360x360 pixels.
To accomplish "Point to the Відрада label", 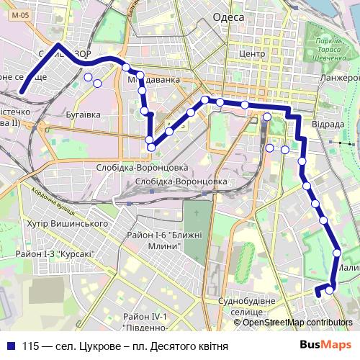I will click(x=328, y=123).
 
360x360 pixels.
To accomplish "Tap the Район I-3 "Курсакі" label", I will click(x=57, y=254).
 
